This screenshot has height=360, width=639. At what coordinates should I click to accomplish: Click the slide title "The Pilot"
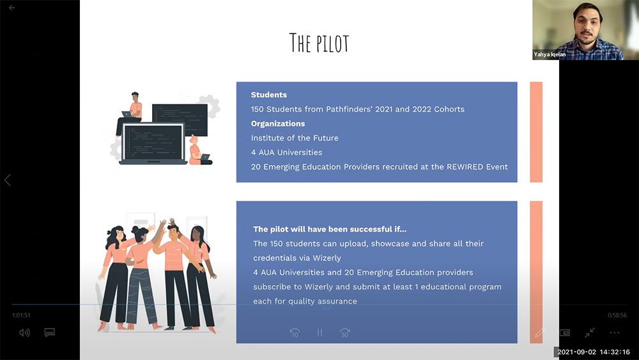pyautogui.click(x=319, y=43)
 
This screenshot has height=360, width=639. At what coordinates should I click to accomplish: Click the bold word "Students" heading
pyautogui.click(x=269, y=95)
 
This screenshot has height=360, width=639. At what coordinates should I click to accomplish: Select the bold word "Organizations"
pyautogui.click(x=278, y=123)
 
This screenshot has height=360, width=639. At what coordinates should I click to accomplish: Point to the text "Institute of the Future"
pyautogui.click(x=295, y=138)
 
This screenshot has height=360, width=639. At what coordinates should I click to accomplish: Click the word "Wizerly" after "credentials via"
pyautogui.click(x=327, y=258)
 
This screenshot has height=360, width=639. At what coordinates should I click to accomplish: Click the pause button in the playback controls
pyautogui.click(x=320, y=333)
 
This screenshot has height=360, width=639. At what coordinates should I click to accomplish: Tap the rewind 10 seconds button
pyautogui.click(x=295, y=333)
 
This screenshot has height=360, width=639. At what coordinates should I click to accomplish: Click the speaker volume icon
pyautogui.click(x=24, y=333)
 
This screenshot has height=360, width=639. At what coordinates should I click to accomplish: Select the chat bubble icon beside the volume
pyautogui.click(x=50, y=333)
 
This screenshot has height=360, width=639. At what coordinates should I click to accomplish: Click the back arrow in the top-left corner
pyautogui.click(x=12, y=8)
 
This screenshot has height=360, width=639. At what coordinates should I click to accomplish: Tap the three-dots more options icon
pyautogui.click(x=615, y=333)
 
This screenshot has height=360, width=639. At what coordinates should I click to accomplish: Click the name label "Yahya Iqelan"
pyautogui.click(x=550, y=54)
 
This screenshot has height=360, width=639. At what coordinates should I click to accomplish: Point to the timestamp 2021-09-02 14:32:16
pyautogui.click(x=594, y=352)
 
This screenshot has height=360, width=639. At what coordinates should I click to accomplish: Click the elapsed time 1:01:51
pyautogui.click(x=21, y=315)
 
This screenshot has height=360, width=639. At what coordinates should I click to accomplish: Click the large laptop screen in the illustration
pyautogui.click(x=153, y=143)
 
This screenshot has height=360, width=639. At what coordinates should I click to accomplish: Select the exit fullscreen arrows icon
pyautogui.click(x=589, y=333)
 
